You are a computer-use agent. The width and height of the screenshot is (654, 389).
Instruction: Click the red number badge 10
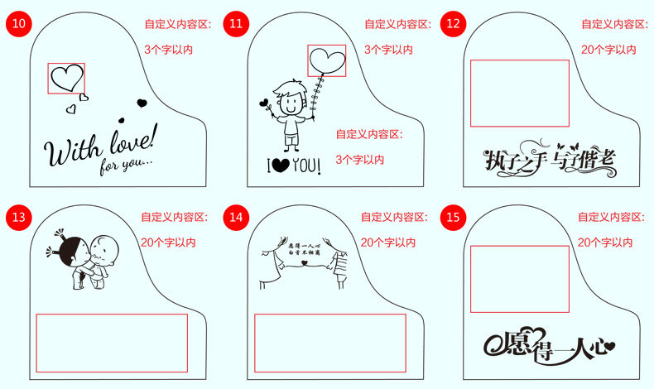pyautogui.click(x=18, y=24)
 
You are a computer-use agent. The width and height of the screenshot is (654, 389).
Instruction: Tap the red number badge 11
pyautogui.click(x=236, y=24)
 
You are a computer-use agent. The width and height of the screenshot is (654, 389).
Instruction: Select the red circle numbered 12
pyautogui.click(x=453, y=24)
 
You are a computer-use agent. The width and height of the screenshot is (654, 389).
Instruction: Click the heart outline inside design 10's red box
pyautogui.click(x=65, y=77)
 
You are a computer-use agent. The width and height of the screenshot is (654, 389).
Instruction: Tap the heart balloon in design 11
pyautogui.click(x=326, y=60)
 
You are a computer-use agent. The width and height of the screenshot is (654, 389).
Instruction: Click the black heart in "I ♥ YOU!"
pyautogui.click(x=281, y=166)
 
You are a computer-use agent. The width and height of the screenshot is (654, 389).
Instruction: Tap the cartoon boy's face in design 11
pyautogui.click(x=288, y=98)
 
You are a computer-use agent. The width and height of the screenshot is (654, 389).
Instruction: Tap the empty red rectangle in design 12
pyautogui.click(x=519, y=93)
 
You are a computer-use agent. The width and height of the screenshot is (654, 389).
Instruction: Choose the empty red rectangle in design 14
pyautogui.click(x=329, y=342)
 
